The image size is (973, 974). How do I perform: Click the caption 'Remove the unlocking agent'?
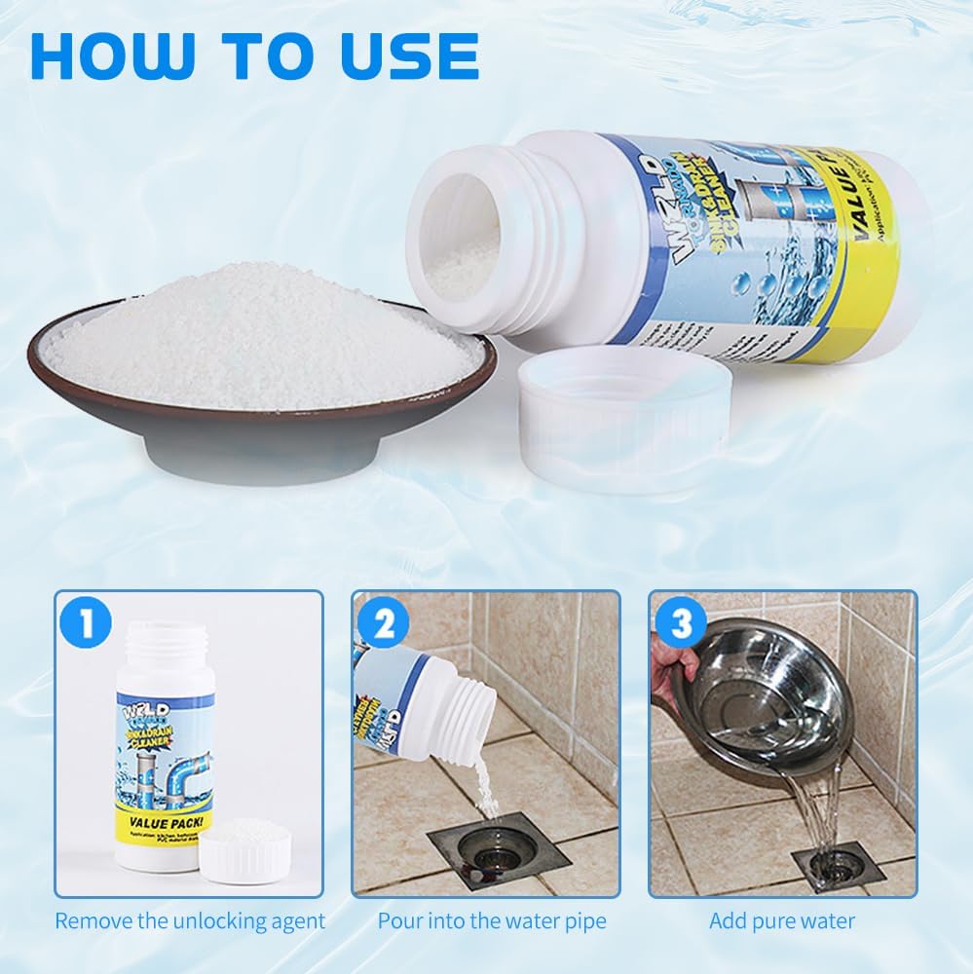190,920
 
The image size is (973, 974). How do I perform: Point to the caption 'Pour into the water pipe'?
492,920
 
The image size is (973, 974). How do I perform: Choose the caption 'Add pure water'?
782,920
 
